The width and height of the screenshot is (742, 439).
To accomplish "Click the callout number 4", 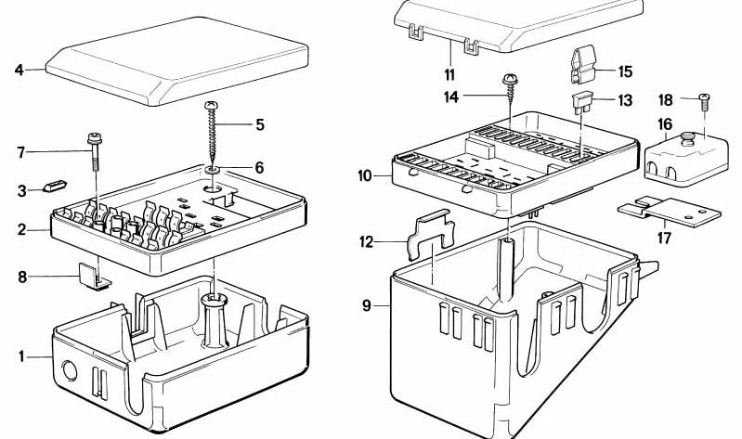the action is [19, 70].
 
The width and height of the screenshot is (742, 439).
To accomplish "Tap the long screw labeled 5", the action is [212, 132].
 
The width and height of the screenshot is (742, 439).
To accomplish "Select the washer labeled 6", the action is [213, 169].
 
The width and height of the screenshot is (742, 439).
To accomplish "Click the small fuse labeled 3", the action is [56, 186].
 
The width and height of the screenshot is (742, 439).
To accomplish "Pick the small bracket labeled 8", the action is [94, 277].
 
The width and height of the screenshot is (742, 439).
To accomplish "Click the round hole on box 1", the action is [70, 371].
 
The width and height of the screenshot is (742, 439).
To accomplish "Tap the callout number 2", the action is [21, 230].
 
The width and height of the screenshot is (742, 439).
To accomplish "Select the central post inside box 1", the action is [215, 321].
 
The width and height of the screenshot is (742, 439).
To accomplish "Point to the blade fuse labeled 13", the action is [582, 103].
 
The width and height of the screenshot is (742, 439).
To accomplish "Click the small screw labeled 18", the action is [704, 102].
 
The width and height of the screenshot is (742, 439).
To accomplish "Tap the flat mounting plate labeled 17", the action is [670, 212].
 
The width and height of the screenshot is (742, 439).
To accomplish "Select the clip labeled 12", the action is [431, 234].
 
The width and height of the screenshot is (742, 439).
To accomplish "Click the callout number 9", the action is [367, 305].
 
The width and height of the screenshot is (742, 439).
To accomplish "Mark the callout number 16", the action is [665, 124].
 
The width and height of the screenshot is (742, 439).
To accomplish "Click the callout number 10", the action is [365, 176].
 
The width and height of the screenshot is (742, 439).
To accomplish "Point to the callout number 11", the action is [449, 75].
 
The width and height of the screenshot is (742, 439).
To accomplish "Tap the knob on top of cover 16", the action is [687, 137].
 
